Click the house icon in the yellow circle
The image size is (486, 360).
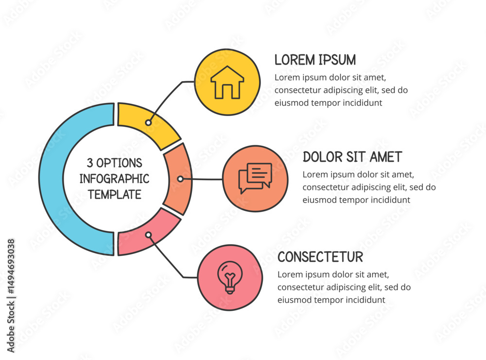[227, 83]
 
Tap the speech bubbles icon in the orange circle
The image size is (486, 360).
[255, 178]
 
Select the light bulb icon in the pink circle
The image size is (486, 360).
[230, 277]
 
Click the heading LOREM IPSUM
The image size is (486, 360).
[315, 60]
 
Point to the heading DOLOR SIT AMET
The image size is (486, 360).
[352, 157]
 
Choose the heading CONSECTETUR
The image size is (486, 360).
[320, 257]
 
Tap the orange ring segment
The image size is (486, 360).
[177, 179]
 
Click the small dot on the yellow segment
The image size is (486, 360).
[148, 123]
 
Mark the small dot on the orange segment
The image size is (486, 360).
[180, 179]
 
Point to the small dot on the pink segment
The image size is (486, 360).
[148, 235]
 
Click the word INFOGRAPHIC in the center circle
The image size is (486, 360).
[114, 178]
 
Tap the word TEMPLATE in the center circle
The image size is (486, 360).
[115, 194]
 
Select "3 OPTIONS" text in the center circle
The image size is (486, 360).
[115, 162]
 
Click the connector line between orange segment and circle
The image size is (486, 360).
[202, 179]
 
